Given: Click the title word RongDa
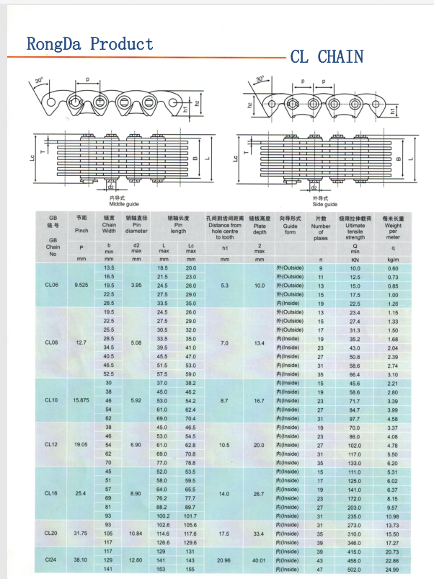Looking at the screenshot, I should click(54, 44).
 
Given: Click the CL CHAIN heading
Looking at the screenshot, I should click(327, 56).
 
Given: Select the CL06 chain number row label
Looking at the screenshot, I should click(51, 286).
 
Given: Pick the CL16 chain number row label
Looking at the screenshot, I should click(51, 493).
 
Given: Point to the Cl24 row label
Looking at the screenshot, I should click(51, 560).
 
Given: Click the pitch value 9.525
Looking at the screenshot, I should click(80, 286).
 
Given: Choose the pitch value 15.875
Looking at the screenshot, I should click(80, 399).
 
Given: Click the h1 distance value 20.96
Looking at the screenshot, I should click(223, 560).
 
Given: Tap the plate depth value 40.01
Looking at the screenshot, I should click(259, 560).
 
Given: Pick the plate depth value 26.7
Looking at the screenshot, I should click(259, 493).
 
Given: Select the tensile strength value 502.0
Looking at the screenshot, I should click(355, 569).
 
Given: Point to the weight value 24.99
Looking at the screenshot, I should click(392, 569).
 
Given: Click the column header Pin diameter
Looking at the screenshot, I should click(136, 224).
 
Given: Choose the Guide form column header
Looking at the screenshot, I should click(290, 225).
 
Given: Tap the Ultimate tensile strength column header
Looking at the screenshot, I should click(355, 227).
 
